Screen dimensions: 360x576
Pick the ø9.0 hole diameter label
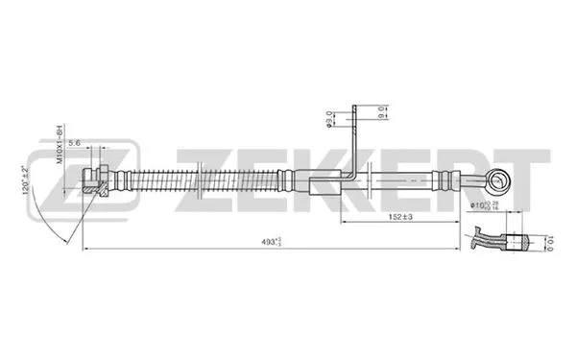point(330,120)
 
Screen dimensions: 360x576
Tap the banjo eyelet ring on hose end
point(496,179)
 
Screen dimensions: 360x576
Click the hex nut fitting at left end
point(92,179)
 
